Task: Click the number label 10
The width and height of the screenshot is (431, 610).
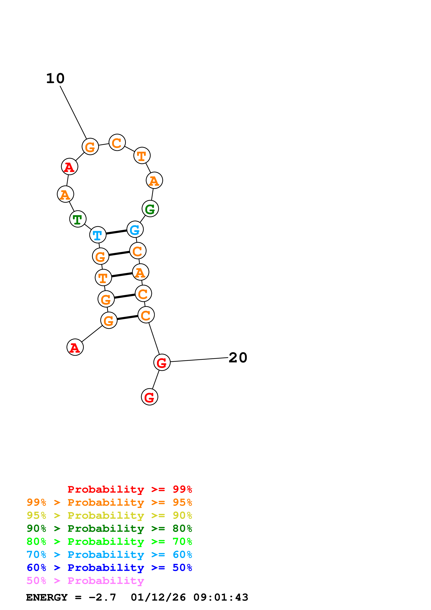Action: [55, 78]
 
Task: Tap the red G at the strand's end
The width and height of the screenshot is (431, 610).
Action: [150, 397]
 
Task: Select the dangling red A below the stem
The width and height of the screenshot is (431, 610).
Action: [75, 347]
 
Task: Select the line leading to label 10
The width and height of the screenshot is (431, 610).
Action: [73, 112]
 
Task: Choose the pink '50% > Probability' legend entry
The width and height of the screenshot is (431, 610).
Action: [85, 581]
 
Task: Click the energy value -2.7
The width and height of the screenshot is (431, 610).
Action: [102, 597]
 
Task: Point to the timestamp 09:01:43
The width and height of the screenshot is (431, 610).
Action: [221, 597]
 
